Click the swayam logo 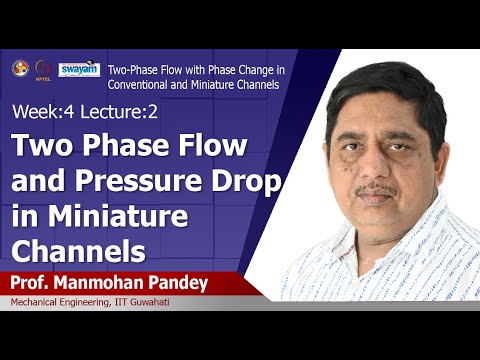[78, 69]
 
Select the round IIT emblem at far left [19, 68]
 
